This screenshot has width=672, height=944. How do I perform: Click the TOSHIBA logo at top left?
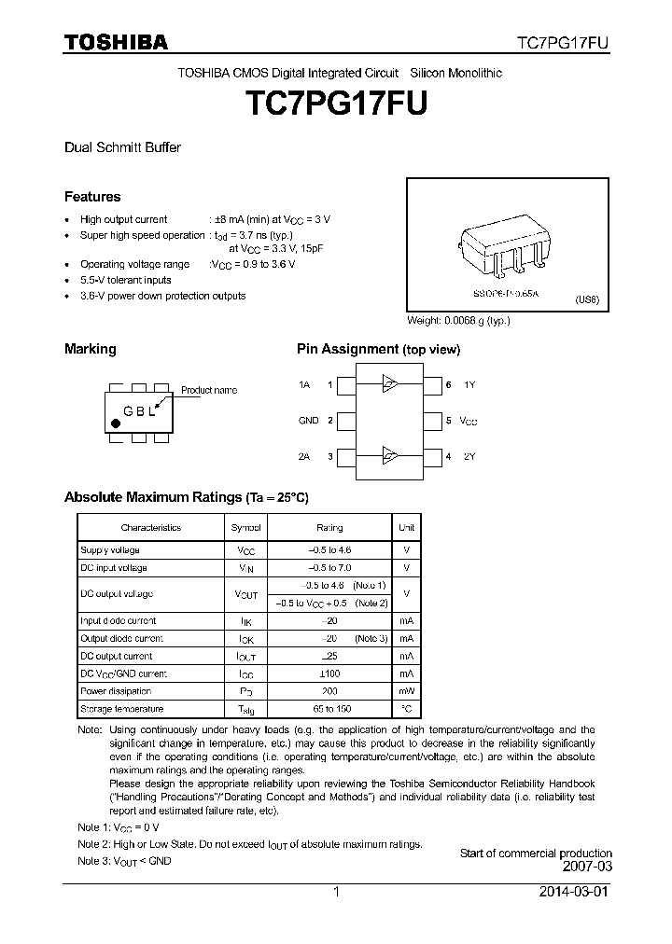[116, 42]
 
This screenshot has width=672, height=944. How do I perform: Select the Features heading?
[92, 197]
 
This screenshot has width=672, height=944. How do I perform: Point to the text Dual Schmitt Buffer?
[122, 147]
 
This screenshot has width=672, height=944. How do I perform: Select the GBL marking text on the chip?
[140, 411]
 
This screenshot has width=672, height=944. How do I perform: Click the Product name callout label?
[208, 390]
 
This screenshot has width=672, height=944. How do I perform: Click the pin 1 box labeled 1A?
[345, 384]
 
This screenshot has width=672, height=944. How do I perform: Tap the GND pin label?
[308, 421]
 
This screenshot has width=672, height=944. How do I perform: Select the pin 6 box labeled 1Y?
[433, 384]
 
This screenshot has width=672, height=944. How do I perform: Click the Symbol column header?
[246, 528]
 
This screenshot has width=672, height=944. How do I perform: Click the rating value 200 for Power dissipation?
[329, 691]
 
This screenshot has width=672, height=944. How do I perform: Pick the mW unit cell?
[406, 691]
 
